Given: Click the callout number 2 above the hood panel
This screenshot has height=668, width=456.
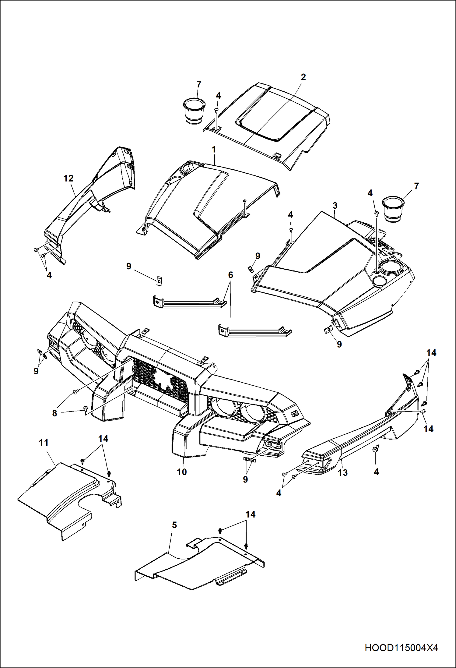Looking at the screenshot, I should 303,77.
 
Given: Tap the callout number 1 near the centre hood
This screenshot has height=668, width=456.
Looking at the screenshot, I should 214,150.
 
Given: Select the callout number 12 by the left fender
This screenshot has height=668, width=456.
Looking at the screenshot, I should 68,178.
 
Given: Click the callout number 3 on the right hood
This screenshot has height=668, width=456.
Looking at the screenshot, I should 335,206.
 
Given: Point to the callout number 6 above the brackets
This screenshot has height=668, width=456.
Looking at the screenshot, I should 230,275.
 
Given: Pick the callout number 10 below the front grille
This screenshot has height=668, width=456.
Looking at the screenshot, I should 182,472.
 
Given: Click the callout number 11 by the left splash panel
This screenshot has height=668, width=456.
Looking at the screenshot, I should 44,443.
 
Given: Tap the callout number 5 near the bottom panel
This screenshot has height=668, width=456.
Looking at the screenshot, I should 174,525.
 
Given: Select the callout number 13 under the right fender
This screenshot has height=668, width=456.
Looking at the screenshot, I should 343,473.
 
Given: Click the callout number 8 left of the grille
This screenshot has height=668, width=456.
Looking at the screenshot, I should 54,413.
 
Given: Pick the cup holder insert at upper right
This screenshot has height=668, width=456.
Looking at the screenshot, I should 393,209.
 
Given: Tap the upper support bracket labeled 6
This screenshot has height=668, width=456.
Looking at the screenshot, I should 189,302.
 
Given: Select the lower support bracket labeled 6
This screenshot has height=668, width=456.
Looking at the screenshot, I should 254,332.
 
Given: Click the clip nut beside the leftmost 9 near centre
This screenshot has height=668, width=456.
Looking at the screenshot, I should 159,281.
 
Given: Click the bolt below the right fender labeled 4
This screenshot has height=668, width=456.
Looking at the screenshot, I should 376,449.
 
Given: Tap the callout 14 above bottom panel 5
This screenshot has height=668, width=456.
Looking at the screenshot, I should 250,514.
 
